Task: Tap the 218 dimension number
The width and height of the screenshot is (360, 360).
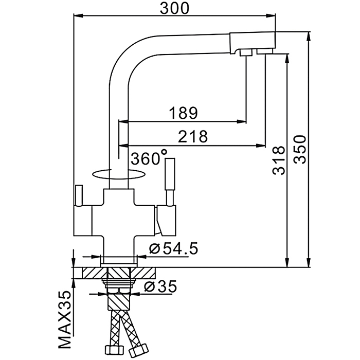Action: point(192,136)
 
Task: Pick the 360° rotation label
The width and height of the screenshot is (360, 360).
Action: point(149,158)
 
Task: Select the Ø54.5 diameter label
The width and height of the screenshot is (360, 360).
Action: point(173,249)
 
